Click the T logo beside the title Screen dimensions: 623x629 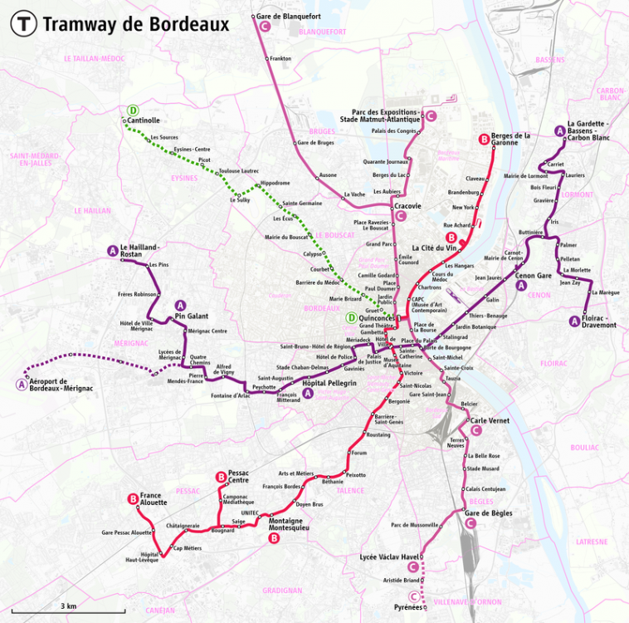pos(23,24)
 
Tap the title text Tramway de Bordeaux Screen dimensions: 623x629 pos(135,24)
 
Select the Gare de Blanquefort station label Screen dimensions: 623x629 pos(289,17)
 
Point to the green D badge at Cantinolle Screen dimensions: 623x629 pos(133,110)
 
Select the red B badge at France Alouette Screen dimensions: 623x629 pos(132,498)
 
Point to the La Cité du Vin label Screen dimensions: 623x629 pos(434,247)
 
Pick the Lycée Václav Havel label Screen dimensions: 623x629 pos(390,556)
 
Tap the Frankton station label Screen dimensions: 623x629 pos(280,58)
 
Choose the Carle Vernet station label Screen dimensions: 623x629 pos(490,420)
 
